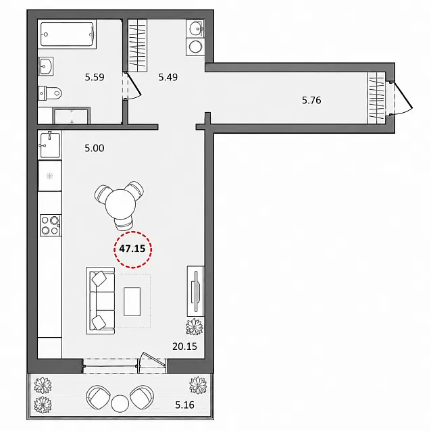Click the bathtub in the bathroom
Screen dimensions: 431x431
coord(67,34)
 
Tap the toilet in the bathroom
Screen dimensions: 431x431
coord(49,93)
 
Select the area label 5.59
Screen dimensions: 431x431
coord(95,77)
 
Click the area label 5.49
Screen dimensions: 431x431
coord(168,77)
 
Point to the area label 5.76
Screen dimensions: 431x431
coord(311,101)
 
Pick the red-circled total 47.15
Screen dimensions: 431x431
coord(132,249)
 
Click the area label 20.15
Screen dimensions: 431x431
coord(184,347)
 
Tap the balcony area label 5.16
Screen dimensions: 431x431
coord(184,405)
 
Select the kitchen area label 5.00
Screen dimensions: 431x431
coord(95,149)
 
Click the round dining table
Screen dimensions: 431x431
coord(120,204)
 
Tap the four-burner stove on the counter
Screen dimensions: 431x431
coord(51,225)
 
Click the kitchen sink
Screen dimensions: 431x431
coord(50,145)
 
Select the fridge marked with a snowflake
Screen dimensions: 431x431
coord(50,176)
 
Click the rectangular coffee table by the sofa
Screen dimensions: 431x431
coord(132,301)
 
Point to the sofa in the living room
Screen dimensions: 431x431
coord(101,301)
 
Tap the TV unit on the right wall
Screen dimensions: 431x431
coord(195,291)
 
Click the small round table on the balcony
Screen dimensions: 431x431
coord(120,403)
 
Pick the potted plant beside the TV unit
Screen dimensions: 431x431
coord(195,326)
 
